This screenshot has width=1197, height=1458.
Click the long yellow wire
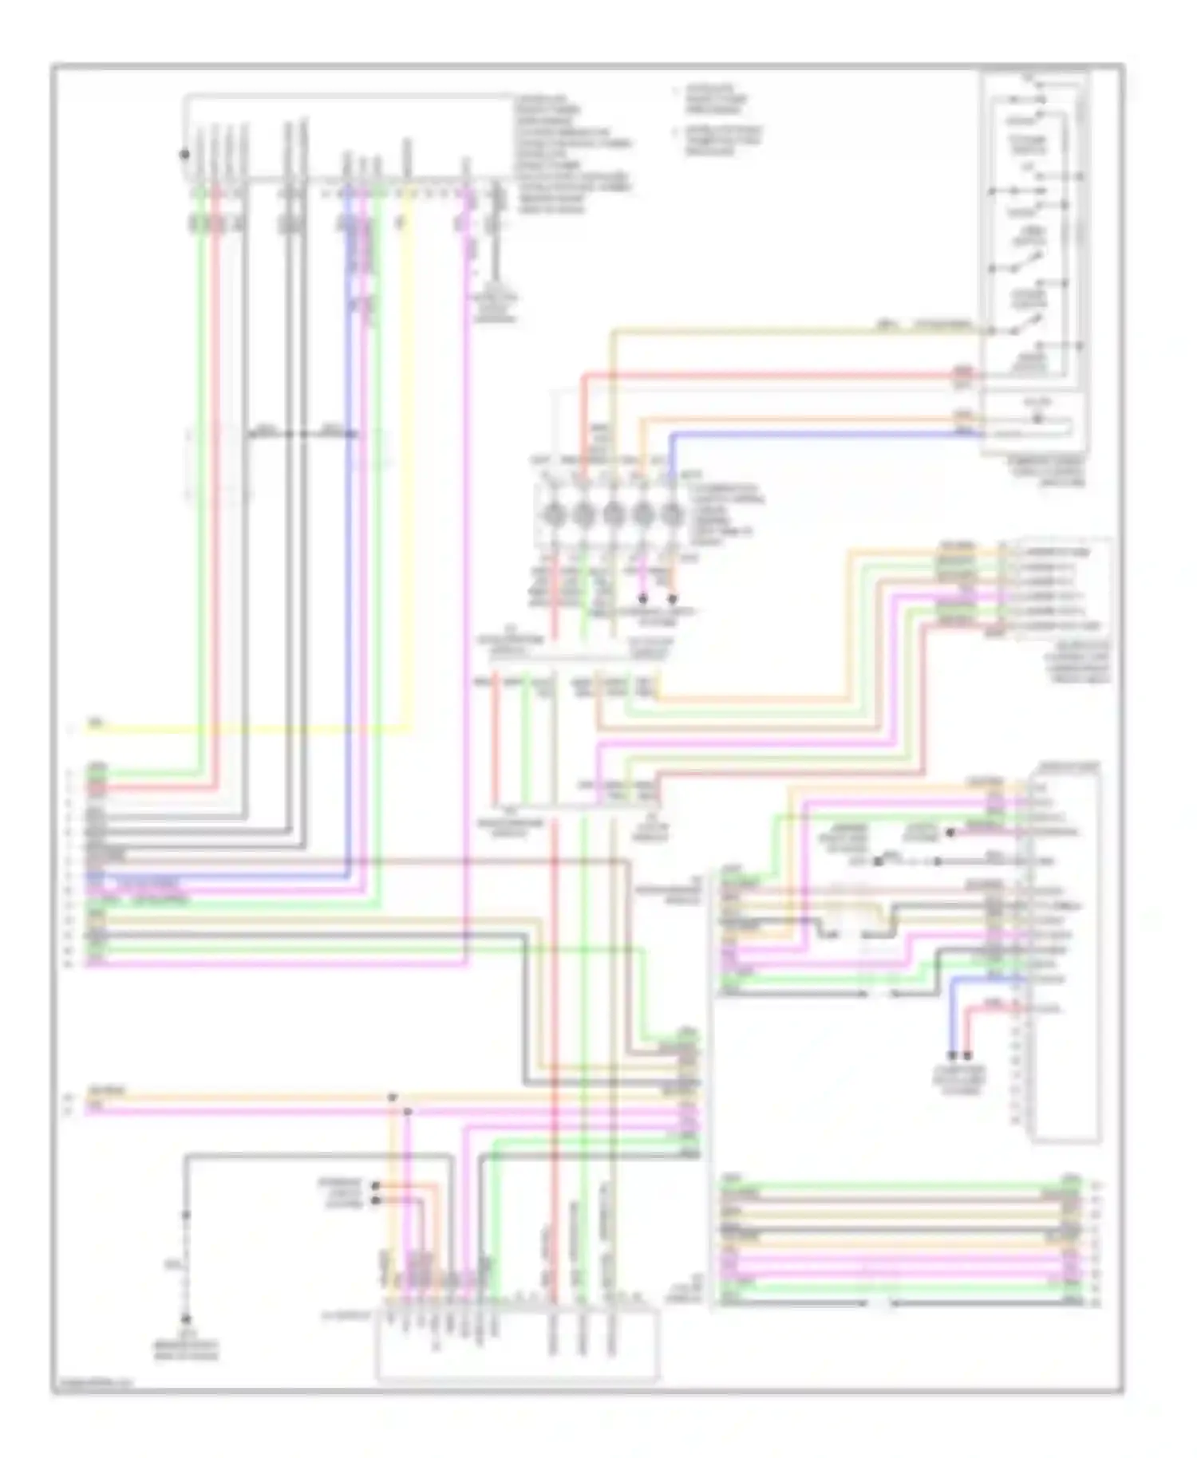[239, 727]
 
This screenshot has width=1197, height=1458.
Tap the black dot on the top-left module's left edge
[184, 154]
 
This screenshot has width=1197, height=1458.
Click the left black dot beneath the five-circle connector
[643, 597]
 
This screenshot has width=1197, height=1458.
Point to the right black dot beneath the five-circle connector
[673, 597]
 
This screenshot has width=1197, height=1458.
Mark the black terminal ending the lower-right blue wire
[953, 1055]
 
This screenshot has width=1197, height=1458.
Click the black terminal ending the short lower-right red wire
[968, 1055]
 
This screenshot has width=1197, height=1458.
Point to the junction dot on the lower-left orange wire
[392, 1097]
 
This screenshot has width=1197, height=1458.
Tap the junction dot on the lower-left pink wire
[407, 1110]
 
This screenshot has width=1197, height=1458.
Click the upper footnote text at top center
[715, 100]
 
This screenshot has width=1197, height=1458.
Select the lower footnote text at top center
[722, 140]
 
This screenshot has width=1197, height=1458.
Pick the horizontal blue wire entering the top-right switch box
[822, 434]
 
